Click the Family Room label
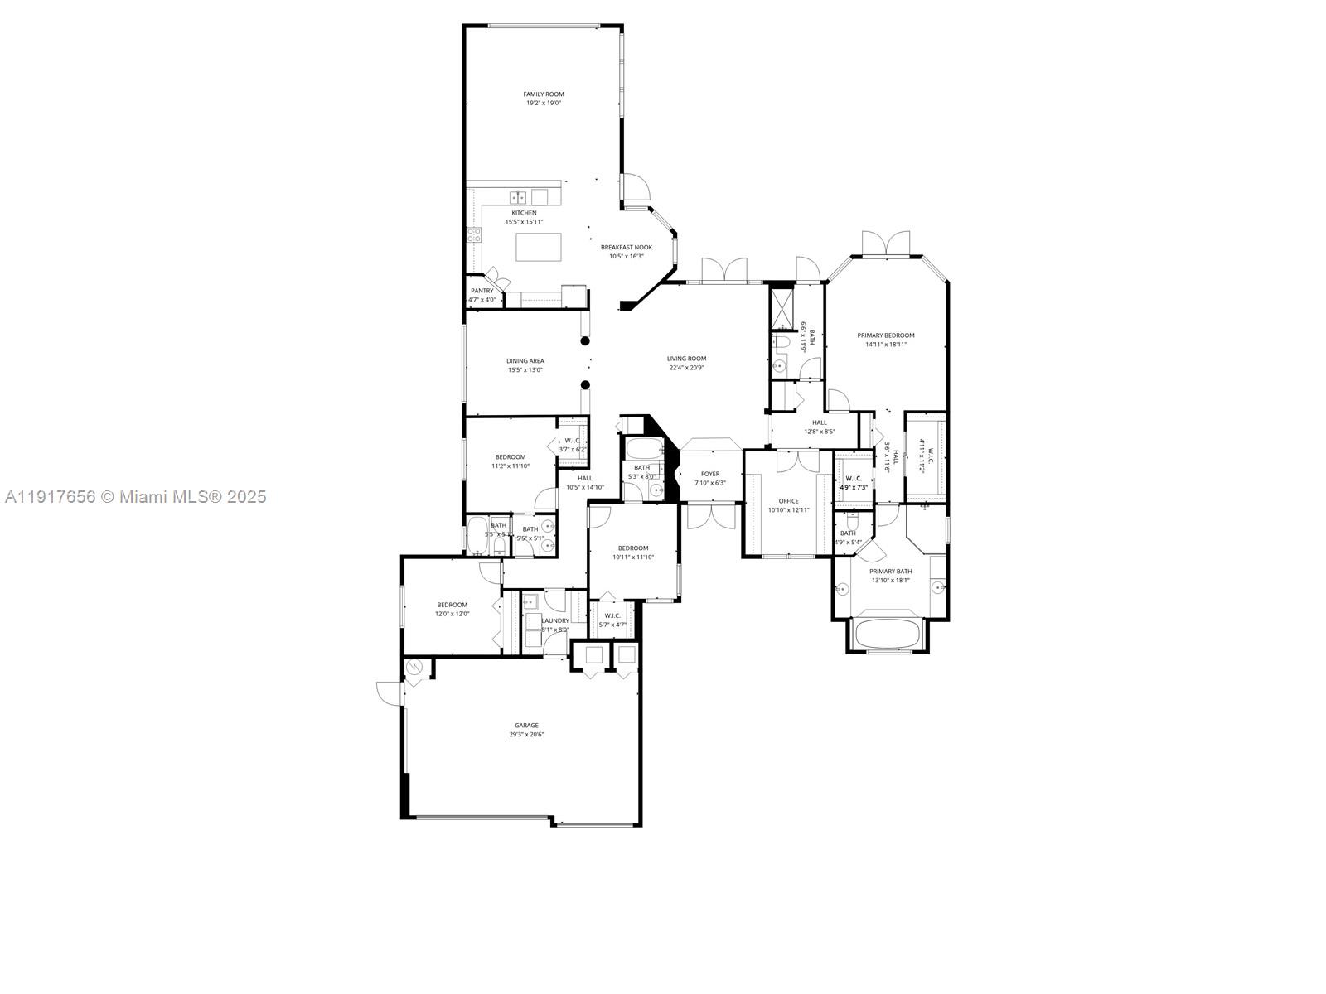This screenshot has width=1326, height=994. tap(544, 94)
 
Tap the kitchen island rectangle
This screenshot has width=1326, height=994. tap(539, 247)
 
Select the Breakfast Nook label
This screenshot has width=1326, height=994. tap(627, 247)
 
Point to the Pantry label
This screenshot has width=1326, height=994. tap(482, 291)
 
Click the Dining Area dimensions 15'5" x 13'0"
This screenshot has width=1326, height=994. tap(525, 369)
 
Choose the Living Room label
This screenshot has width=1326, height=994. tap(686, 359)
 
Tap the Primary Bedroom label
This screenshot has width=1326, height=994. tap(886, 335)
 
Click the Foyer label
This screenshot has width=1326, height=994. tap(710, 474)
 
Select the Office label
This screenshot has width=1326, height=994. tap(788, 501)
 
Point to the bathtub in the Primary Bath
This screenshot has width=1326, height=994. tap(888, 633)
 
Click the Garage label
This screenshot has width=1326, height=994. tap(526, 725)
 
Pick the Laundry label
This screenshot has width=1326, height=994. tap(555, 620)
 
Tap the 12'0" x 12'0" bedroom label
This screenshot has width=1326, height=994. tap(452, 605)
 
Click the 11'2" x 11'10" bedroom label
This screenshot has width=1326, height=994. tap(511, 457)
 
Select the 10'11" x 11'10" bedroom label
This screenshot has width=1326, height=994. tap(633, 548)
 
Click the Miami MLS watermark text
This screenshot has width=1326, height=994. tap(135, 497)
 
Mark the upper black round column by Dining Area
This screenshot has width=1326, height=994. tap(585, 340)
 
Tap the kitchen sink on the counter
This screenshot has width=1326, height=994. tap(518, 197)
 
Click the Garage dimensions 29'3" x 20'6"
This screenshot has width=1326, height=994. tap(526, 735)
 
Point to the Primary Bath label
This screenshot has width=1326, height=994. tap(891, 572)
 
